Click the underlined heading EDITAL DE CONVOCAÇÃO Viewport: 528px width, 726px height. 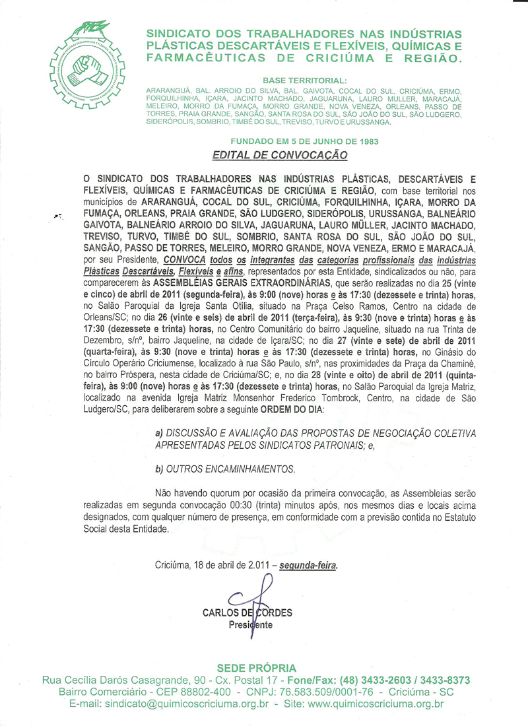click(279, 155)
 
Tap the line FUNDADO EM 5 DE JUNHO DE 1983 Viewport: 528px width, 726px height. click(304, 141)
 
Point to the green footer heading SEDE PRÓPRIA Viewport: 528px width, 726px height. click(256, 667)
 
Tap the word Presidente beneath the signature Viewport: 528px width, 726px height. click(250, 624)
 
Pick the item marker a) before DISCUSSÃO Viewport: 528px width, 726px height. click(158, 433)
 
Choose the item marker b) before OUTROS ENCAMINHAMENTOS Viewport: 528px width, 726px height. click(158, 469)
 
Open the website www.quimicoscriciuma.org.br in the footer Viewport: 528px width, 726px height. click(376, 704)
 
